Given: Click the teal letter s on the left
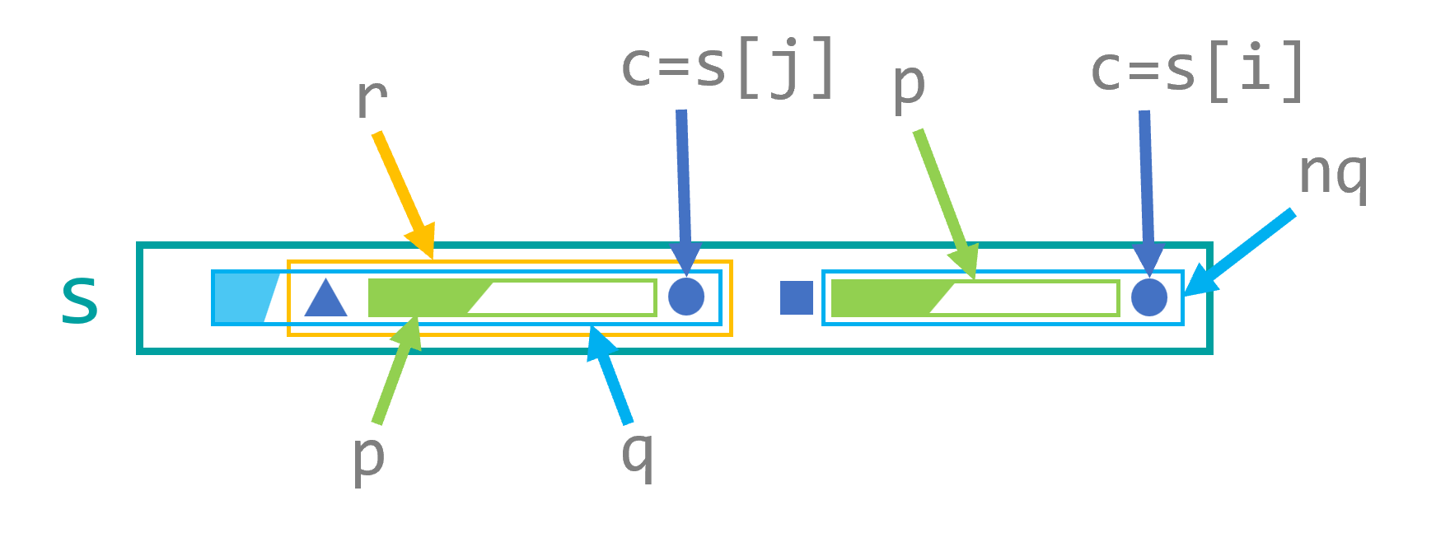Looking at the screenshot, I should (x=80, y=300).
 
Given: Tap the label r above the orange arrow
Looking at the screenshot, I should (x=371, y=100).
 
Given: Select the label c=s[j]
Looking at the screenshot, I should (x=728, y=68).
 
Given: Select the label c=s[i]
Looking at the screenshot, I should (x=1197, y=69).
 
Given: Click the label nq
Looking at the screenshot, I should (x=1333, y=175).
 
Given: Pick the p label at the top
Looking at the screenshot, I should (x=909, y=85).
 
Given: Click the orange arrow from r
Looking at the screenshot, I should (x=402, y=189).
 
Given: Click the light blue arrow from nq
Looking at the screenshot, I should (x=1240, y=252).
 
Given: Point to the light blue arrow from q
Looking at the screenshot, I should (x=610, y=374).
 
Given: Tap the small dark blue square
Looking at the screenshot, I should (x=796, y=297).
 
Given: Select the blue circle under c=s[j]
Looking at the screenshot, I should (x=686, y=297).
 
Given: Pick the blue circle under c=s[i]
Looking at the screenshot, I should (x=1149, y=297).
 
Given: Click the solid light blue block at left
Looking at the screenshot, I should (x=239, y=297).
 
